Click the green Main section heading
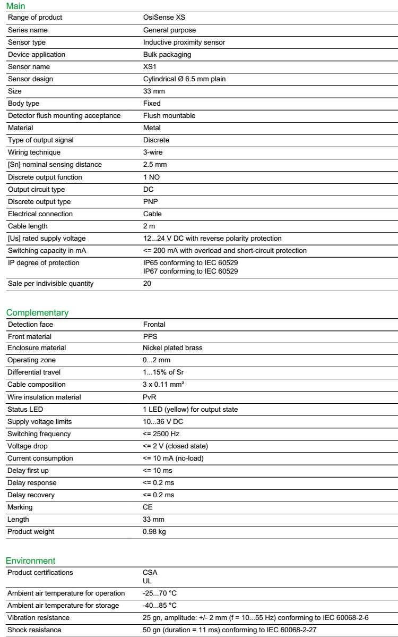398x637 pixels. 15,6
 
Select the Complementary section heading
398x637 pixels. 37,312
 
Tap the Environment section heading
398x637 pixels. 31,560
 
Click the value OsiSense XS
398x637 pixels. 165,18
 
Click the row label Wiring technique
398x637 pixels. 34,152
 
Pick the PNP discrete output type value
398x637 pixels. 151,202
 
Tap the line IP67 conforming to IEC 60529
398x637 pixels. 191,271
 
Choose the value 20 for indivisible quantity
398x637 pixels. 147,284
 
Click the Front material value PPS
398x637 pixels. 150,337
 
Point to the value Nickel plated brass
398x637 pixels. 172,349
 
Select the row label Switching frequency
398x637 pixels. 39,434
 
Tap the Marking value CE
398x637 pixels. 148,507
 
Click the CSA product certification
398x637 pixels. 150,573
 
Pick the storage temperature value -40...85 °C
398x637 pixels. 160,606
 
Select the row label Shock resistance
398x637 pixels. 34,630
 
